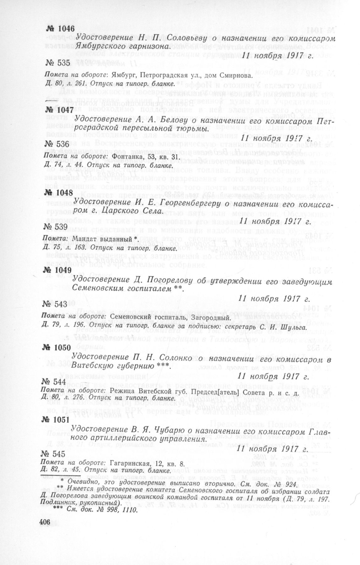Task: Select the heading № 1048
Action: (x=59, y=192)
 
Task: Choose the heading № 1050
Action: (x=58, y=348)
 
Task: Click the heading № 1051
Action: (x=58, y=420)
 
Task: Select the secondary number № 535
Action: (x=58, y=63)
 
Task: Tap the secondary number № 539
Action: (x=55, y=227)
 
